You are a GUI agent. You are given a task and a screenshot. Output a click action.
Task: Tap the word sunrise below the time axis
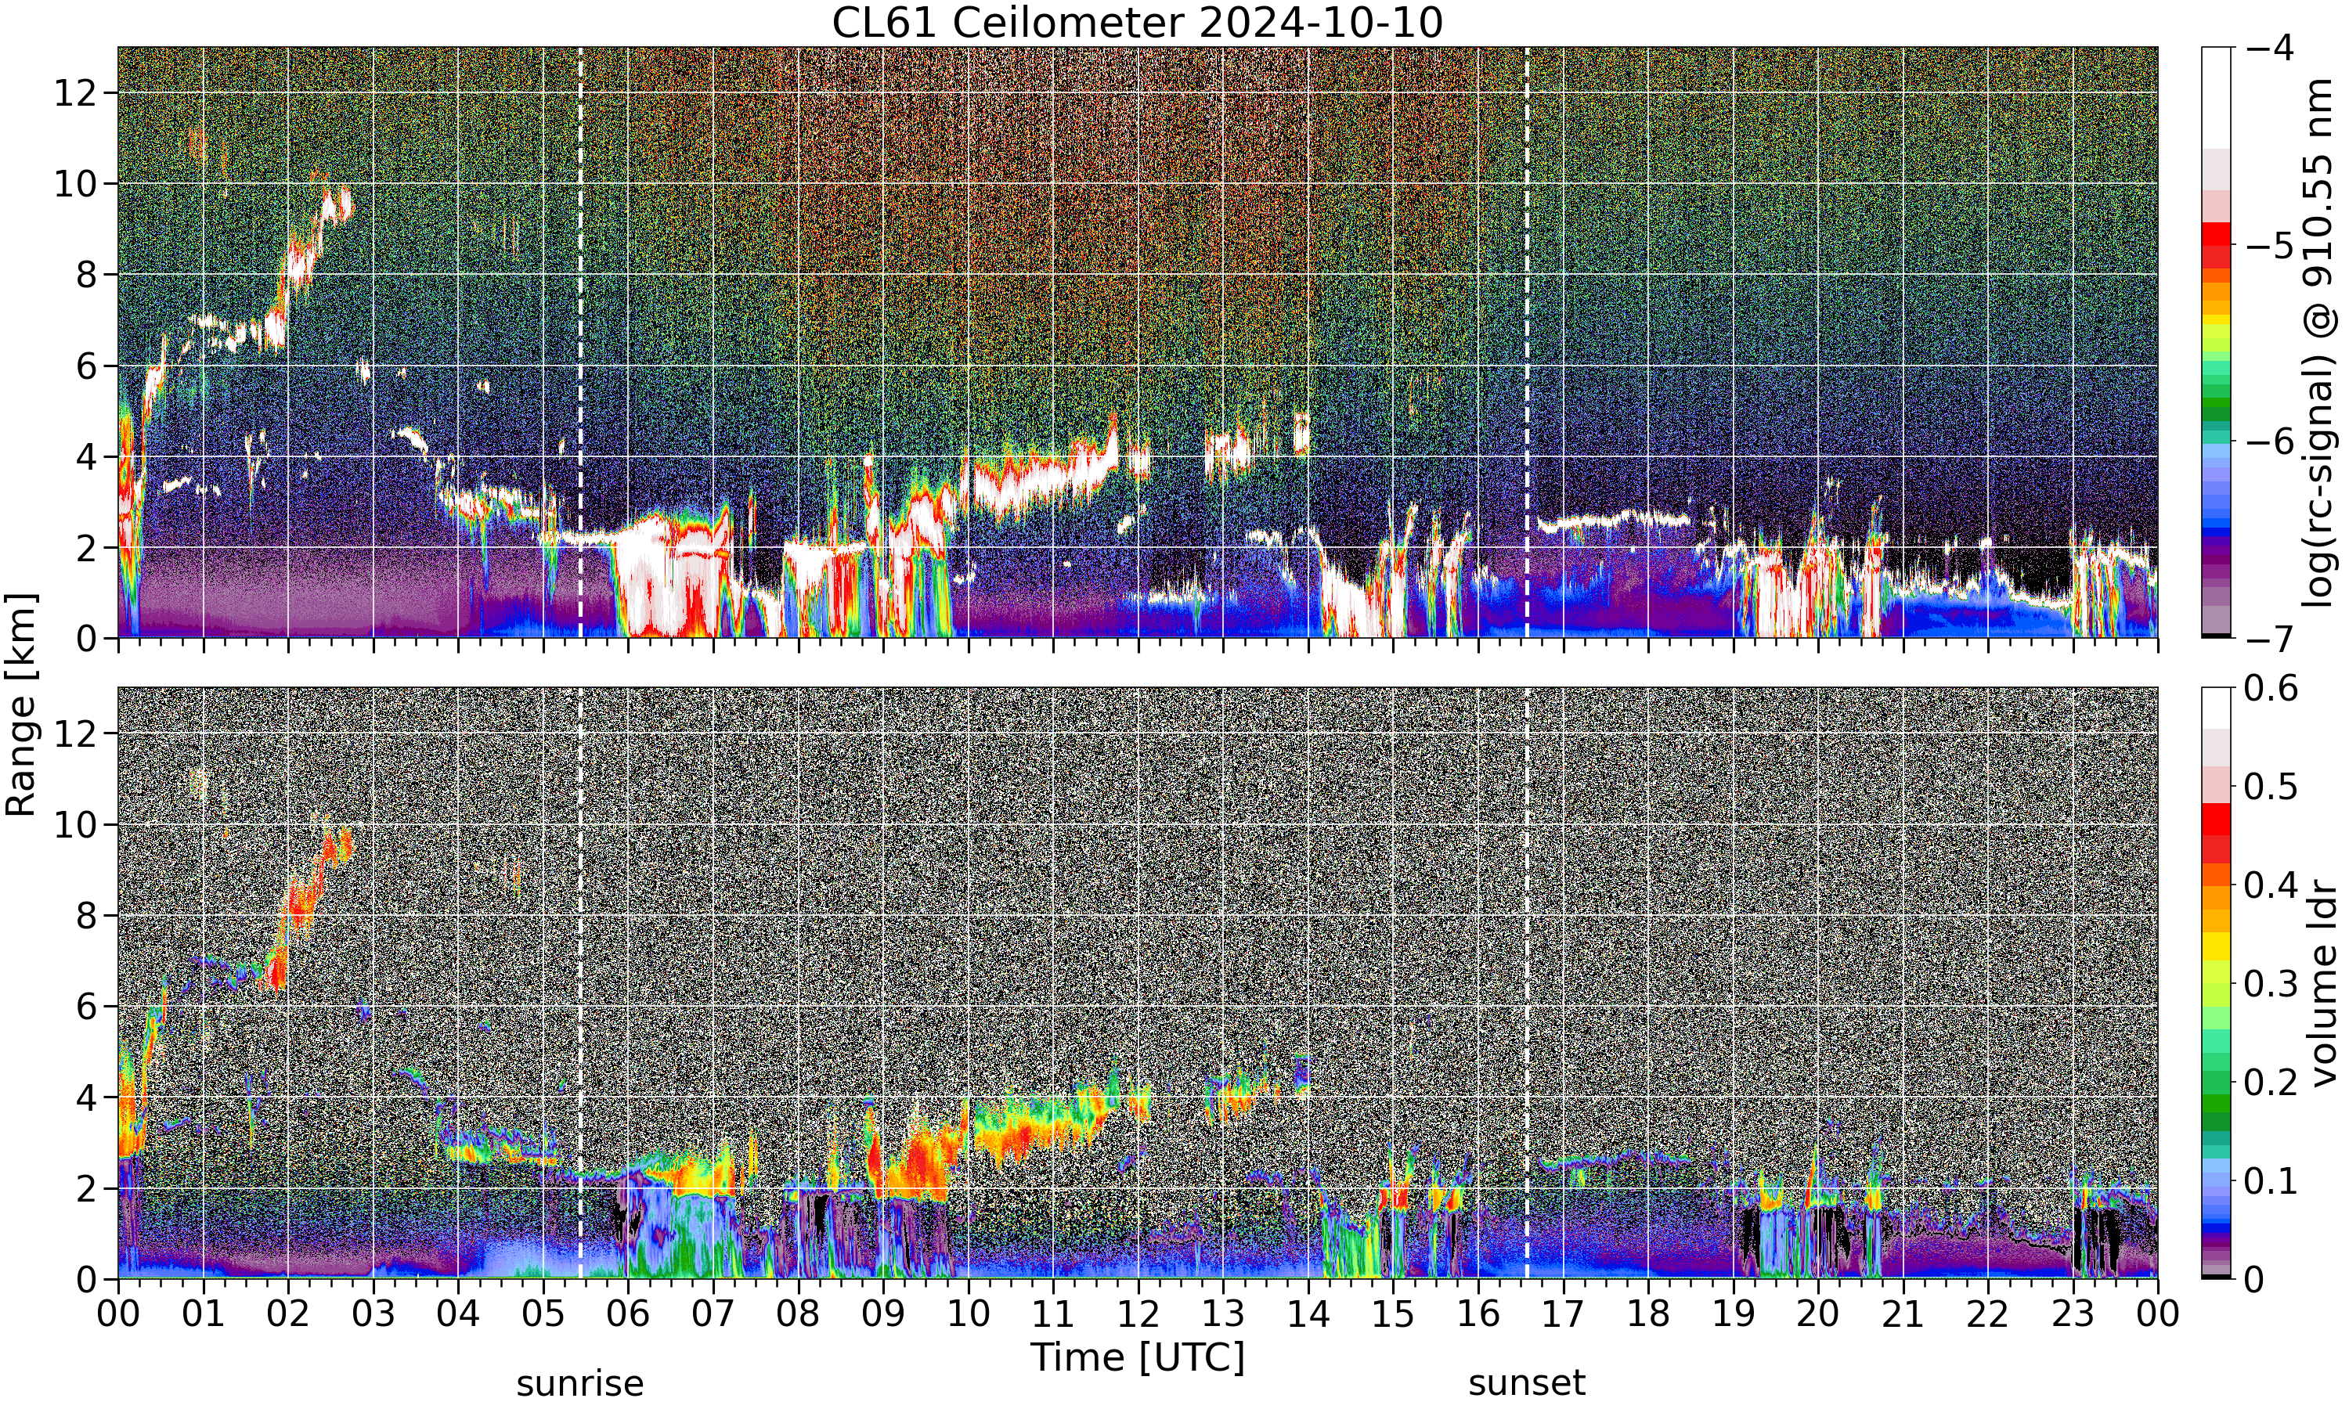(580, 1383)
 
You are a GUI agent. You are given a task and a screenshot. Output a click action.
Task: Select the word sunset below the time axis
(1527, 1383)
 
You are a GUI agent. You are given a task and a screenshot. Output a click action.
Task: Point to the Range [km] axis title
(21, 704)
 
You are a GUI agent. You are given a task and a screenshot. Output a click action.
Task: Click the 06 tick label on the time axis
(628, 1314)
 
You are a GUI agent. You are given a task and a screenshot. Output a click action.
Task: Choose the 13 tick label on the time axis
(1223, 1314)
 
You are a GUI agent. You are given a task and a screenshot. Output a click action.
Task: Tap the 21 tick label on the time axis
(1903, 1314)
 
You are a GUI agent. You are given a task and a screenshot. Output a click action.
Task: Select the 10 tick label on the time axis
(968, 1314)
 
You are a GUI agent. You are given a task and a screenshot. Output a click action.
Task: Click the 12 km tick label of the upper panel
(75, 93)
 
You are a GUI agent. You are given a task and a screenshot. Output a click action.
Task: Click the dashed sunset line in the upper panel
(1527, 343)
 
